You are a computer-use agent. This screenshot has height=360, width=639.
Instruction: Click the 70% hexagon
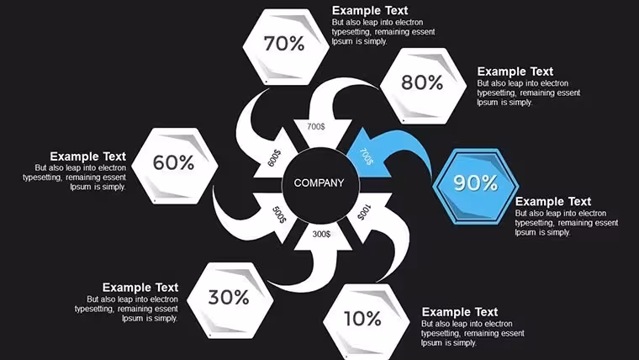click(286, 47)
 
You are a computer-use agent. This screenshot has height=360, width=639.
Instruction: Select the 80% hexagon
click(423, 86)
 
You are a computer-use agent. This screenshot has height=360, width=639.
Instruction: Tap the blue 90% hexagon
click(475, 186)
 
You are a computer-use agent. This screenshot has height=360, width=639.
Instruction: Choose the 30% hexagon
click(230, 300)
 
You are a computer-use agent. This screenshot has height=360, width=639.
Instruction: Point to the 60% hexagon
click(174, 166)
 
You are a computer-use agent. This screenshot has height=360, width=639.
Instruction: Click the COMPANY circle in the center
click(320, 185)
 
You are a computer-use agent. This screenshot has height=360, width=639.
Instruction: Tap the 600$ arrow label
click(274, 158)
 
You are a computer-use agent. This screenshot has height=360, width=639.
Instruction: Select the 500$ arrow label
click(279, 214)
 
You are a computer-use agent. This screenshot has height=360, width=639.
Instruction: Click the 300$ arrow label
click(321, 234)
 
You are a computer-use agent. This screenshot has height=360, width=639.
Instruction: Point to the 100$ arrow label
click(364, 212)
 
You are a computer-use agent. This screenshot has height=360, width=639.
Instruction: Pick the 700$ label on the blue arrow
click(366, 156)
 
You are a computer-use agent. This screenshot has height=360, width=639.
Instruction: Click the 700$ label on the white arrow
click(316, 126)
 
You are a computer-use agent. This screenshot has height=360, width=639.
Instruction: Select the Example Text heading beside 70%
click(370, 10)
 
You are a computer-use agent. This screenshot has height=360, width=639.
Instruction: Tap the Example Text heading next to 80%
click(515, 71)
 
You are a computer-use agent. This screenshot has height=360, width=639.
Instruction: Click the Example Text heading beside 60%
click(88, 156)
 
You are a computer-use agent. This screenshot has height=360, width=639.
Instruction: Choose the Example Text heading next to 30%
click(140, 288)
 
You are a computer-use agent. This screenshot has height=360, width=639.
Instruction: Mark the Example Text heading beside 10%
click(460, 312)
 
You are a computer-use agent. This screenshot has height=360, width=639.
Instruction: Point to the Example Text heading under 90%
click(553, 201)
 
